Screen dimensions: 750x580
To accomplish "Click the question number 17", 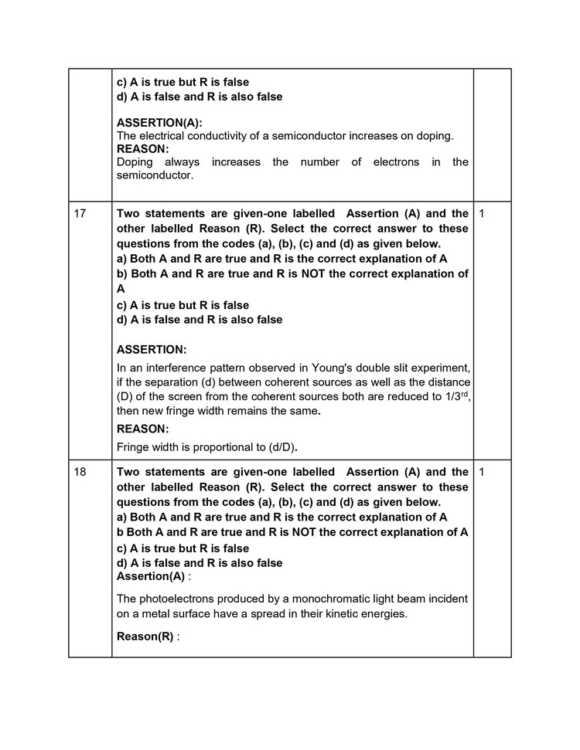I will (x=80, y=213).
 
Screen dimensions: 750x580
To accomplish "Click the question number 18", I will (x=80, y=472).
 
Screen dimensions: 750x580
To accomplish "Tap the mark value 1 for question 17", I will (x=481, y=213).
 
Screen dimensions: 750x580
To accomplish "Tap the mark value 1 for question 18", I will (x=481, y=472).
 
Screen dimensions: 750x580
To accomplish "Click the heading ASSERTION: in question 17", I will (x=152, y=350).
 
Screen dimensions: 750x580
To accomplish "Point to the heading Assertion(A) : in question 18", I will (x=152, y=576).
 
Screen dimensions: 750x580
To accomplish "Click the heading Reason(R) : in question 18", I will (x=147, y=636).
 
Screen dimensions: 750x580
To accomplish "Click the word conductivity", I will (x=213, y=136).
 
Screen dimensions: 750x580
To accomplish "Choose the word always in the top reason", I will (x=182, y=162).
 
